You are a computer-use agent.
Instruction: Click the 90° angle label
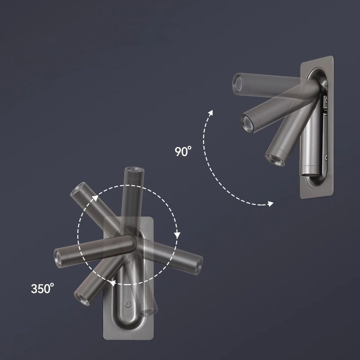pyautogui.click(x=183, y=151)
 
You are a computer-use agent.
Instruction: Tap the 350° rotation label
pyautogui.click(x=42, y=288)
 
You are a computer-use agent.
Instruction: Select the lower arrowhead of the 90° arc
pyautogui.click(x=270, y=204)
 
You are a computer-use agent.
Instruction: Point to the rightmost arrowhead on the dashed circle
pyautogui.click(x=177, y=235)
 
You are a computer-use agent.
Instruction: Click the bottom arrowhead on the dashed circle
pyautogui.click(x=112, y=283)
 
